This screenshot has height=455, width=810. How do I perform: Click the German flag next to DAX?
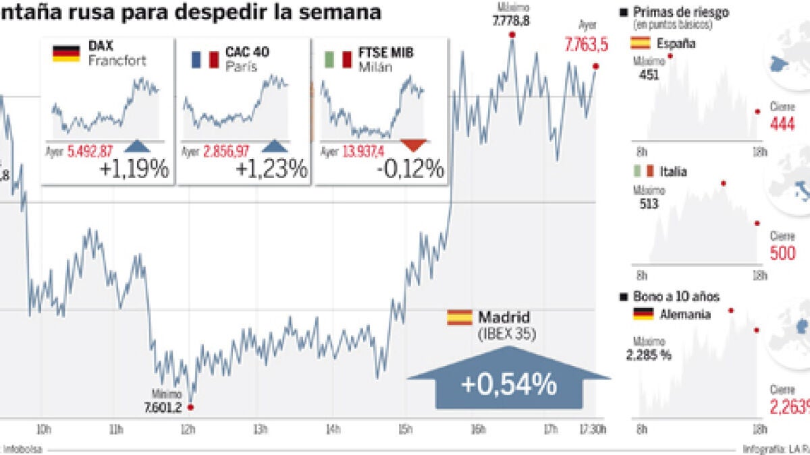coord(66,54)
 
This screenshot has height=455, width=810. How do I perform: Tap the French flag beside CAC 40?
coord(205,59)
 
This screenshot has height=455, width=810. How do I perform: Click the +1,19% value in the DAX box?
coord(134,169)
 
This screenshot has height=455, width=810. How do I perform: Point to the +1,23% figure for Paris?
coord(271,169)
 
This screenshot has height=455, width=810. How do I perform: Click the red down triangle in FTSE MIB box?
coord(414,144)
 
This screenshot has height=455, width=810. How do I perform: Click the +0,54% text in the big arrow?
coord(509,385)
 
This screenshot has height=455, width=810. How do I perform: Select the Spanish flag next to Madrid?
coord(459,317)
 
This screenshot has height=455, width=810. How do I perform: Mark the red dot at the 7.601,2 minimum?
coord(191,407)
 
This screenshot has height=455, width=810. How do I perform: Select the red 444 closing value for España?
coord(783,125)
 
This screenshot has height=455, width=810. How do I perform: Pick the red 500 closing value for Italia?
coord(783,253)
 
